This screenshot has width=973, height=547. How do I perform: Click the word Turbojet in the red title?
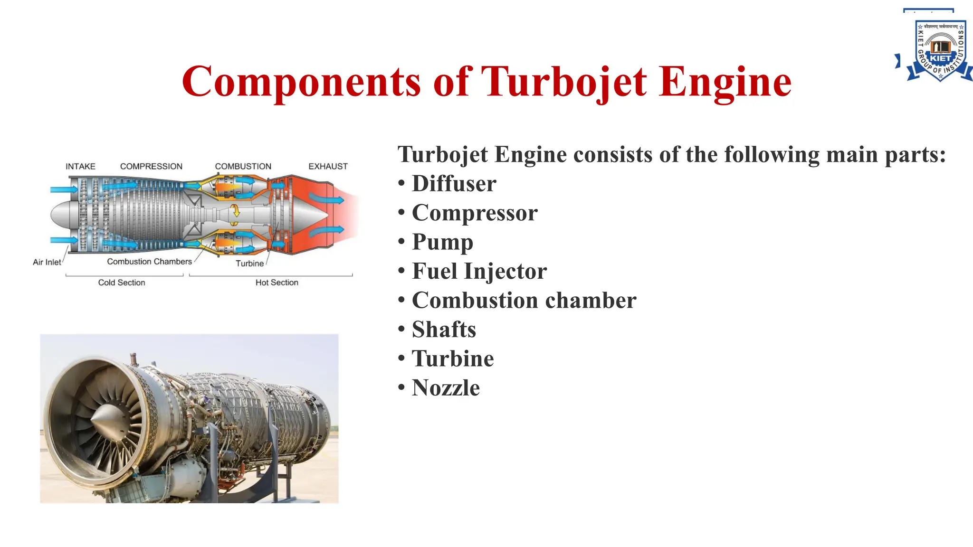pyautogui.click(x=564, y=82)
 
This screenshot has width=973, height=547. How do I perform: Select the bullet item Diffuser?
pyautogui.click(x=454, y=184)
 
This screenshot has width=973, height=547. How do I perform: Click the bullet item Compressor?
pyautogui.click(x=474, y=213)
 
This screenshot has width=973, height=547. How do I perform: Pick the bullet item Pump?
pyautogui.click(x=442, y=242)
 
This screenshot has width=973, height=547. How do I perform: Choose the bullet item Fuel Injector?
pyautogui.click(x=479, y=271)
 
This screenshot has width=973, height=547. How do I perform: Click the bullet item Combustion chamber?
pyautogui.click(x=524, y=301)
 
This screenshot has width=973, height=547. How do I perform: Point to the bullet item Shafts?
pyautogui.click(x=443, y=330)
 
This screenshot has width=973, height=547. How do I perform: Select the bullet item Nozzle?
pyautogui.click(x=445, y=388)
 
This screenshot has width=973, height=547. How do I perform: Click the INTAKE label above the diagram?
pyautogui.click(x=80, y=167)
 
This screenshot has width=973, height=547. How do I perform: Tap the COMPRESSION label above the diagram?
pyautogui.click(x=151, y=167)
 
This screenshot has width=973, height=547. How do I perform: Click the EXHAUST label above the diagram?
pyautogui.click(x=328, y=167)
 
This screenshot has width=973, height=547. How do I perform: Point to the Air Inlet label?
pyautogui.click(x=47, y=262)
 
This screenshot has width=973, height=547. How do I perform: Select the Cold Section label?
pyautogui.click(x=122, y=283)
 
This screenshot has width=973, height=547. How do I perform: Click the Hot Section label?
pyautogui.click(x=277, y=283)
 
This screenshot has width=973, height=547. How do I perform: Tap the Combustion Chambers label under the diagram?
pyautogui.click(x=149, y=262)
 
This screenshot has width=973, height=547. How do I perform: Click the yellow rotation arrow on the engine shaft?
pyautogui.click(x=235, y=211)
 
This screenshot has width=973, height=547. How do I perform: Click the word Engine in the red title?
pyautogui.click(x=725, y=82)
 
